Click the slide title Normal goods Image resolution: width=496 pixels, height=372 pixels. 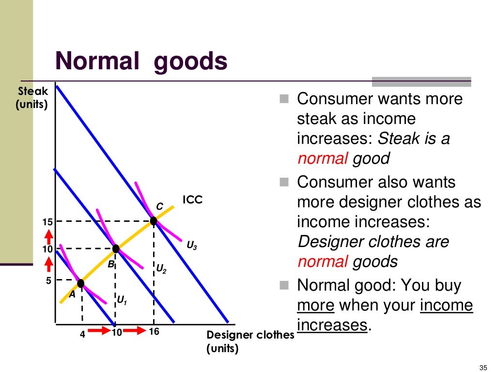pyautogui.click(x=141, y=62)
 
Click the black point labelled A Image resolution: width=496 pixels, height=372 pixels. pyautogui.click(x=81, y=283)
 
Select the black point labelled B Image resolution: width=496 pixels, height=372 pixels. pyautogui.click(x=116, y=249)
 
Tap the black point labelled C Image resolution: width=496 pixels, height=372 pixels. pyautogui.click(x=154, y=221)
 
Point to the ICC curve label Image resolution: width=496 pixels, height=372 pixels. pyautogui.click(x=192, y=200)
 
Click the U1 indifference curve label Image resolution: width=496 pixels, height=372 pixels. pyautogui.click(x=122, y=301)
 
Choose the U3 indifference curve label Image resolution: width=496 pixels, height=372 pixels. pyautogui.click(x=192, y=246)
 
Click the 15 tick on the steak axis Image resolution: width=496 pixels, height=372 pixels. pyautogui.click(x=47, y=222)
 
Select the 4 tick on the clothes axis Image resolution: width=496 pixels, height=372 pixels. pyautogui.click(x=82, y=333)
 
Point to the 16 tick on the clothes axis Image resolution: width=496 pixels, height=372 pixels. pyautogui.click(x=154, y=332)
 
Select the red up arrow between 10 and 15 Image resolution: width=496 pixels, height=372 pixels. pyautogui.click(x=48, y=236)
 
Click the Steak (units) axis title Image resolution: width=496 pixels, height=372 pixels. pyautogui.click(x=32, y=97)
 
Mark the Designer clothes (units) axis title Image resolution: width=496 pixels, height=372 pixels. pyautogui.click(x=250, y=341)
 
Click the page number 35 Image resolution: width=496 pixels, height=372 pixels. pyautogui.click(x=481, y=366)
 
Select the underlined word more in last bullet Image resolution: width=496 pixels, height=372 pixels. pyautogui.click(x=315, y=306)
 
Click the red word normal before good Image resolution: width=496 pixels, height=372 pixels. pyautogui.click(x=322, y=159)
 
